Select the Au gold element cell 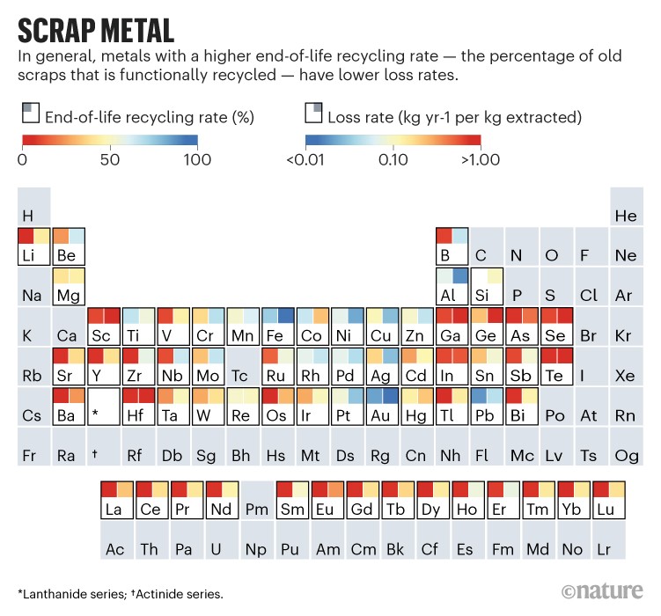[382, 406]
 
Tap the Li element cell [33, 246]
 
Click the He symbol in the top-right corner [626, 216]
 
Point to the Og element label [626, 455]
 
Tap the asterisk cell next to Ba [104, 406]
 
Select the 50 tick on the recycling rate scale [109, 159]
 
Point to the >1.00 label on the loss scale [480, 159]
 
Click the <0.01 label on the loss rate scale [306, 159]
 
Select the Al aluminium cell [452, 286]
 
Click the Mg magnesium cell [69, 286]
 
